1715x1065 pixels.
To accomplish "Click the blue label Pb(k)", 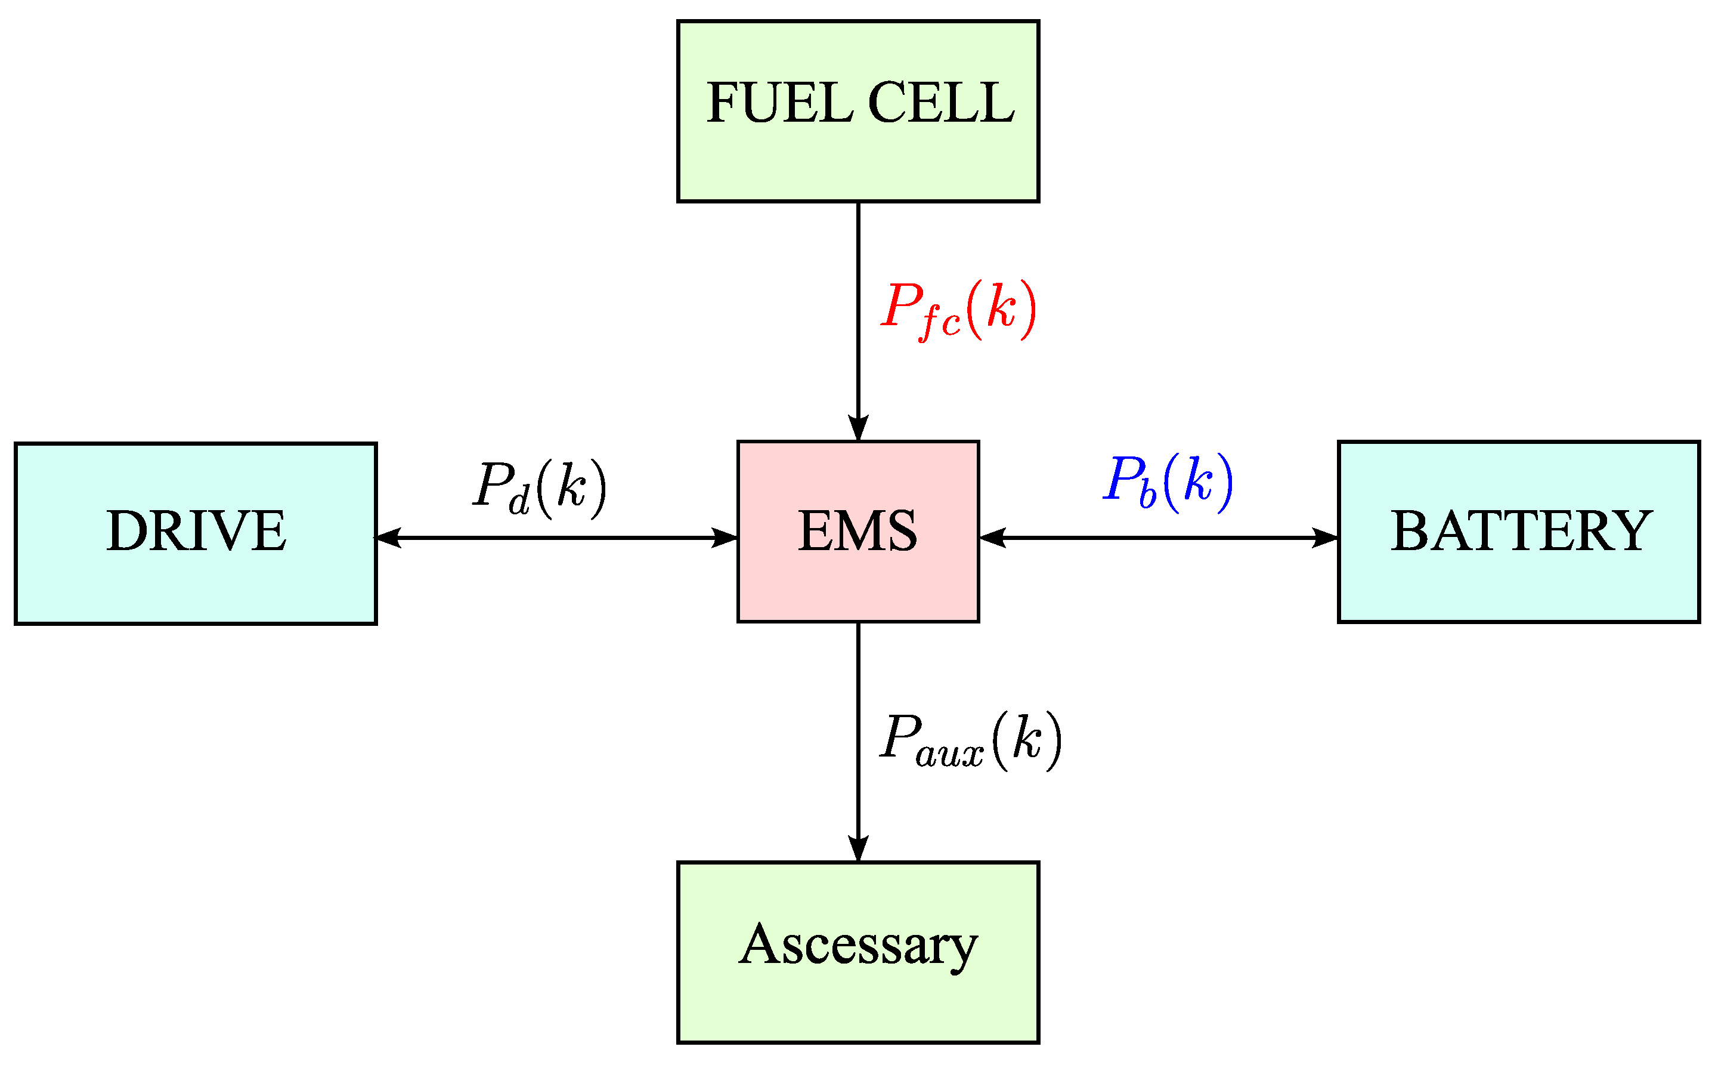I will point(1167,483).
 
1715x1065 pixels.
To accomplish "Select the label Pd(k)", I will point(539,489).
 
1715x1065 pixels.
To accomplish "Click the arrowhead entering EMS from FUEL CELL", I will point(857,428).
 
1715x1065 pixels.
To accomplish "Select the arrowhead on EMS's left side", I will point(725,538).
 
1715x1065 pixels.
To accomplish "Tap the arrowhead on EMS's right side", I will point(992,538).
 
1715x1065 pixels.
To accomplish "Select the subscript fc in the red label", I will point(940,324).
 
